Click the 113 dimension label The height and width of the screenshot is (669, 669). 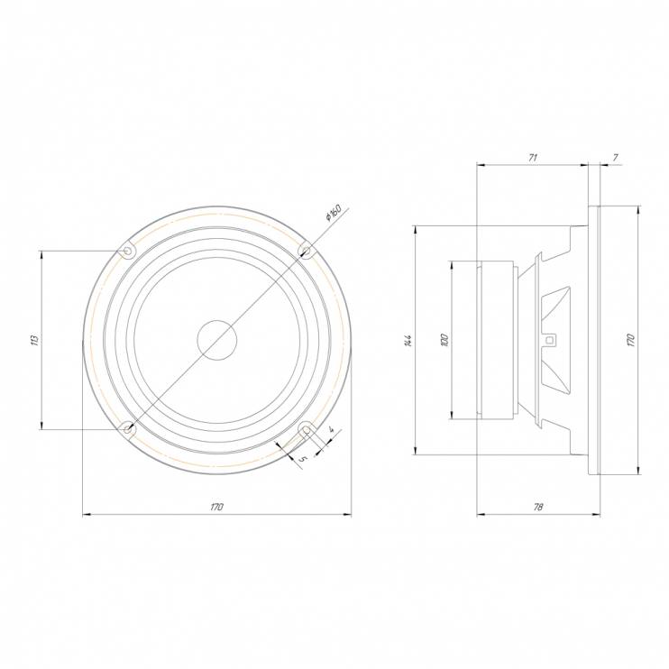[x=35, y=340]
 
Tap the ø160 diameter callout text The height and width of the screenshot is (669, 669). [x=334, y=213]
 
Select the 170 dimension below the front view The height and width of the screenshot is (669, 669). [x=216, y=507]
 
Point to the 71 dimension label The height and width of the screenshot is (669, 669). [x=533, y=158]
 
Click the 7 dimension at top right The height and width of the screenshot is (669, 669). [x=615, y=158]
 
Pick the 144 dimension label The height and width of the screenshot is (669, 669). [x=408, y=341]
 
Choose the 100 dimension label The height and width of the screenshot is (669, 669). [x=444, y=340]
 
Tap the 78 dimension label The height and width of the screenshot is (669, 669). [x=538, y=507]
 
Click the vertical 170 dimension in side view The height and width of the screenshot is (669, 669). [x=631, y=340]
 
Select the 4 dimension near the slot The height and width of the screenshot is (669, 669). [x=332, y=430]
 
